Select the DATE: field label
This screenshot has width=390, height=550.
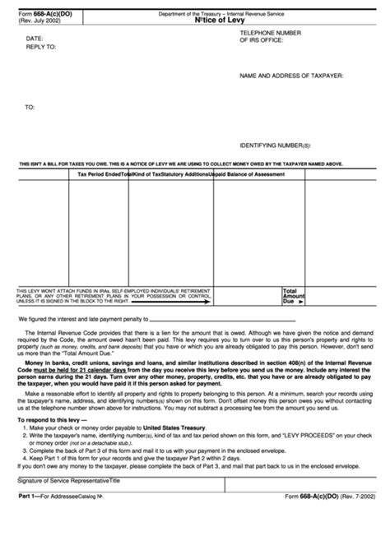[x=35, y=39]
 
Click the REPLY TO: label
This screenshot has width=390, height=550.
[x=41, y=47]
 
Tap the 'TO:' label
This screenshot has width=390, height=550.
[x=30, y=107]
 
